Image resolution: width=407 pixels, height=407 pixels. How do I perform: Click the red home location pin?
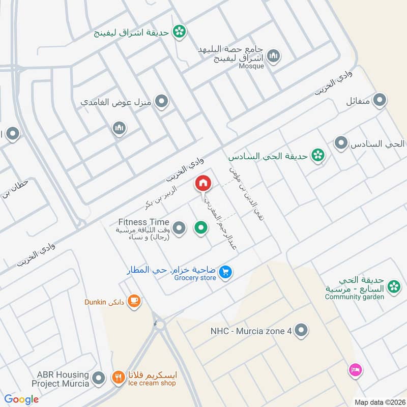tap(203, 183)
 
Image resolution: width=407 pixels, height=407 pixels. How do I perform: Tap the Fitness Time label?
tap(143, 222)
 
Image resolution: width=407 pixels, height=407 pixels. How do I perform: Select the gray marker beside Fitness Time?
tap(179, 228)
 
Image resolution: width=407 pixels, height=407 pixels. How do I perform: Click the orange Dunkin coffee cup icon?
tap(134, 301)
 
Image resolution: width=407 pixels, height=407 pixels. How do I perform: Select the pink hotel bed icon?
tap(355, 370)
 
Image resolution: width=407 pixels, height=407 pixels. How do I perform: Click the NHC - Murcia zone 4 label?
tap(251, 331)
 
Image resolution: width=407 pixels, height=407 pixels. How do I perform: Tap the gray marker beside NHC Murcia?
tap(302, 331)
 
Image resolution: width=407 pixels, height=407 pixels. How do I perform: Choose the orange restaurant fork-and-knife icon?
tap(118, 378)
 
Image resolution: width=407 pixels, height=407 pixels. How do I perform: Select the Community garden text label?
tap(354, 297)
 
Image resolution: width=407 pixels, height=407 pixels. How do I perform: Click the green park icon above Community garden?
tap(393, 287)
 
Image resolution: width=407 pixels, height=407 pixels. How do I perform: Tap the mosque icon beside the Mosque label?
tap(274, 55)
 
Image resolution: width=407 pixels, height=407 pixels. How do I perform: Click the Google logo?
tap(21, 399)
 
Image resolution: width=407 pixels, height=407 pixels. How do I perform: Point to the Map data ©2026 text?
tap(379, 402)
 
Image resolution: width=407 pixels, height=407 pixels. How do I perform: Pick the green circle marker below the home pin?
tap(201, 228)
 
